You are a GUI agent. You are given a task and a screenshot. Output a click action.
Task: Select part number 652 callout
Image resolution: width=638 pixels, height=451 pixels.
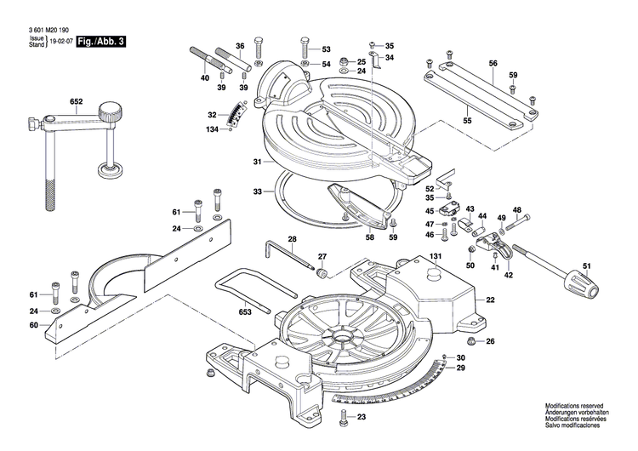[76, 102]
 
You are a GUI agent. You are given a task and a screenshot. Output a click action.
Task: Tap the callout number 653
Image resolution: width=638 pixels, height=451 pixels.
[245, 311]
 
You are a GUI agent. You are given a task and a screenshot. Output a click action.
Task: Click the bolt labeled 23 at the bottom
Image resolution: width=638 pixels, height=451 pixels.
[345, 417]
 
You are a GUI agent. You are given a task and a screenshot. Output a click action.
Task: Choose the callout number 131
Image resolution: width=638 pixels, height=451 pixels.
[436, 257]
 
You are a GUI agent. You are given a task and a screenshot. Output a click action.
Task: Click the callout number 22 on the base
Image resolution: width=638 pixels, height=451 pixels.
[490, 300]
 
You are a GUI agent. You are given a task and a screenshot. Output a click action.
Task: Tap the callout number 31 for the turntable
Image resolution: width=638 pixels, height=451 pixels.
[256, 163]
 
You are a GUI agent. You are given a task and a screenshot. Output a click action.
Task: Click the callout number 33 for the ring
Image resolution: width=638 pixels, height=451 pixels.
[256, 192]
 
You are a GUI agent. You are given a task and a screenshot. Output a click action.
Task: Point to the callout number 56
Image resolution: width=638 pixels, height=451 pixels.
[493, 64]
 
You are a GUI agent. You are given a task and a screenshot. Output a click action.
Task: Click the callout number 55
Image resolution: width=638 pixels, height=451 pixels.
[467, 122]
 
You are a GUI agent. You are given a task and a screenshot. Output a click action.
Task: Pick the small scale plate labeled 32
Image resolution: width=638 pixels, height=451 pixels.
[239, 112]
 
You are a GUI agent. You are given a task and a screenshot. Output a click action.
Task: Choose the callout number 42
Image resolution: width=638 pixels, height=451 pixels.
[509, 276]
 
